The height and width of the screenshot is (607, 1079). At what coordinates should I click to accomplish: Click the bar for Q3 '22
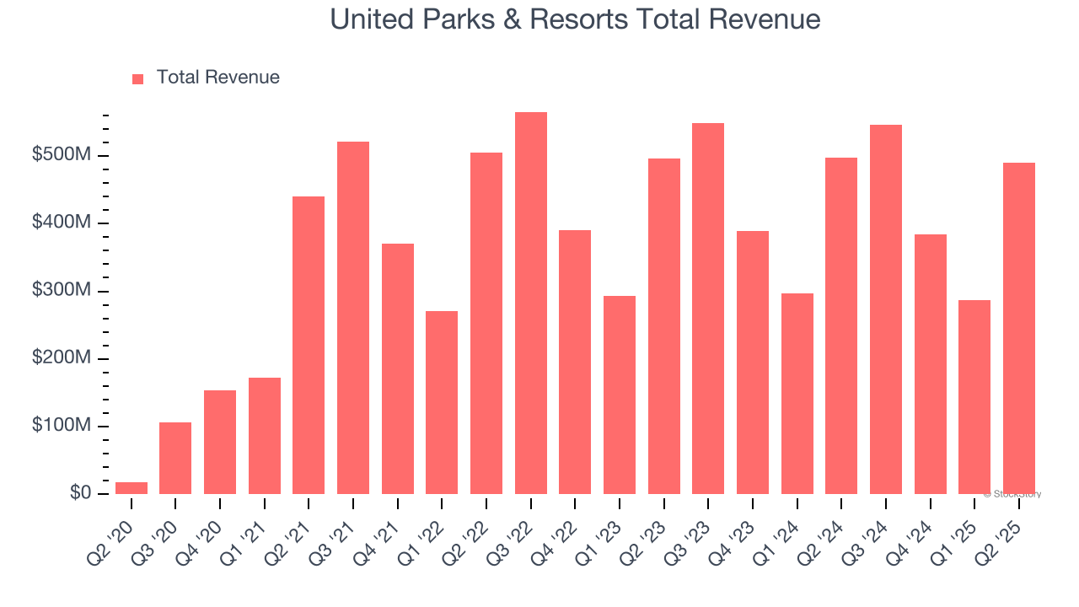[x=531, y=303]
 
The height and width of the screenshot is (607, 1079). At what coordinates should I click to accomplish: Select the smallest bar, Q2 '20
[x=132, y=488]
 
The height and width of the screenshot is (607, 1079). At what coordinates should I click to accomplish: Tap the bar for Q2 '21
[x=309, y=346]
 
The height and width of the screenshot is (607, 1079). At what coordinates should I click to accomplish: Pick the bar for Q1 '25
[x=974, y=397]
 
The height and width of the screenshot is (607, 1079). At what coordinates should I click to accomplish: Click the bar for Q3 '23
[x=708, y=309]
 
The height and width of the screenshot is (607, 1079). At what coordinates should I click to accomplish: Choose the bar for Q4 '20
[x=220, y=443]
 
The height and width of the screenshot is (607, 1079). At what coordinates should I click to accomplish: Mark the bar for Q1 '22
[x=442, y=403]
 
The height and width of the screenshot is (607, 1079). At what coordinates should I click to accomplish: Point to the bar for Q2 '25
[x=1019, y=329]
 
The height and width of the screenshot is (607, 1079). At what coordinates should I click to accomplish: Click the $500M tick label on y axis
[x=62, y=155]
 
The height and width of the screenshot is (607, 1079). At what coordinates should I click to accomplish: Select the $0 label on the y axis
[x=80, y=493]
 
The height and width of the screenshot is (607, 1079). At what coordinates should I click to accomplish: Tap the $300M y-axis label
[x=62, y=290]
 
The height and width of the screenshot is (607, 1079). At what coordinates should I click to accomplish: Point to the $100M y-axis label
[x=62, y=426]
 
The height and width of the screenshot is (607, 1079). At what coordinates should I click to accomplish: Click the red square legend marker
[x=138, y=79]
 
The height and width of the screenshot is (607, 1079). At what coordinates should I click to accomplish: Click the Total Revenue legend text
[x=217, y=78]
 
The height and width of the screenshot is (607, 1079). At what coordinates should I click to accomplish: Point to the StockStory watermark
[x=1012, y=494]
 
